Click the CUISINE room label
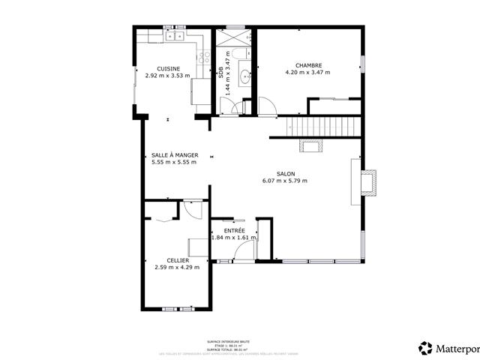click(168, 69)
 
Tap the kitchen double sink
click(175, 35)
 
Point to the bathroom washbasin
click(244, 76)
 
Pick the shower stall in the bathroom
click(234, 36)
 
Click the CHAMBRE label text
click(308, 64)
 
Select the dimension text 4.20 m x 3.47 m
click(308, 72)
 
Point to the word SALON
click(285, 173)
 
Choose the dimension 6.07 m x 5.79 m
click(285, 181)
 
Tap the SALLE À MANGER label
click(174, 155)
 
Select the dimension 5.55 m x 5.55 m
click(174, 162)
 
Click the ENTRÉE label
click(235, 229)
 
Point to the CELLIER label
click(177, 260)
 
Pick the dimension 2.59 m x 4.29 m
click(177, 267)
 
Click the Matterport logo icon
click(426, 348)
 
